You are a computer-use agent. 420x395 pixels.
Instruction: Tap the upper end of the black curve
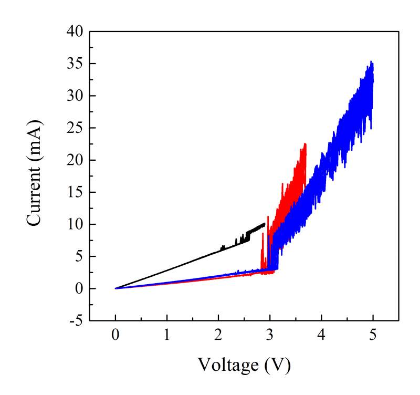click(264, 224)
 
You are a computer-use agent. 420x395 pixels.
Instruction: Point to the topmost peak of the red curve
click(304, 143)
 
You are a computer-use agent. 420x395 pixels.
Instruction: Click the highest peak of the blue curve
click(372, 61)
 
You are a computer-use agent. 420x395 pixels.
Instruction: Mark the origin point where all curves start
click(115, 288)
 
